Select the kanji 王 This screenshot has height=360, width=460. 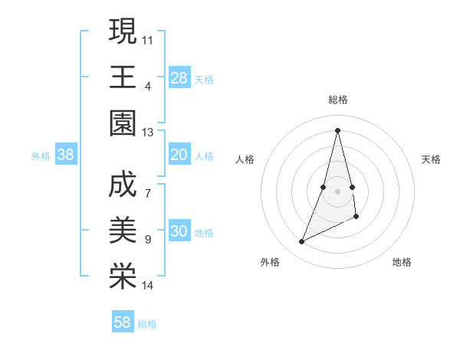pos(123,77)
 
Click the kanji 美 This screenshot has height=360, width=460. pos(123,231)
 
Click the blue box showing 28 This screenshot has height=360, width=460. pos(179,77)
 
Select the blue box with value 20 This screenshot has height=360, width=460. pos(179,155)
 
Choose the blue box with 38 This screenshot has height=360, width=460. pos(66,155)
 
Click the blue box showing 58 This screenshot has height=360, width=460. pos(123,322)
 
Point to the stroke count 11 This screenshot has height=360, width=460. pos(148,38)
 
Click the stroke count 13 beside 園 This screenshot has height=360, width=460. pos(148,133)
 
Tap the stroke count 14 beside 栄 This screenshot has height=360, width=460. pos(148,286)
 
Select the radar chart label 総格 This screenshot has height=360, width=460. pos(338,100)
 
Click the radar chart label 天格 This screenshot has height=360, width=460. pos(432,159)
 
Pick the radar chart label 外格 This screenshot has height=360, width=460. pos(269,262)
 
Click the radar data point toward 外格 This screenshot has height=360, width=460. pos(302,242)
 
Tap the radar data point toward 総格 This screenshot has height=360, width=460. pos(338,129)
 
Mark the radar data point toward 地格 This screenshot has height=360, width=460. pos(357,217)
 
